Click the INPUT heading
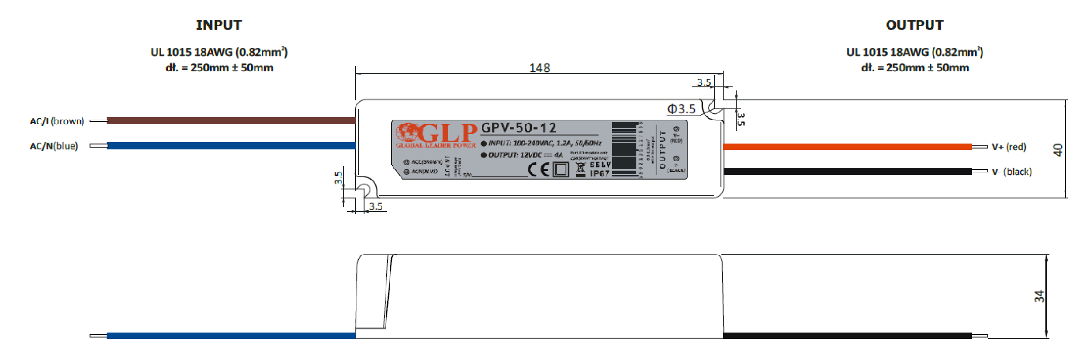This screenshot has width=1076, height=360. point(219,25)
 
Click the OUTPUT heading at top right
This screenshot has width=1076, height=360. point(914,25)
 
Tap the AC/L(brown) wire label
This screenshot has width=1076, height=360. point(57,121)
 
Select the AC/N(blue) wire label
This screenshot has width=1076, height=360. point(54,146)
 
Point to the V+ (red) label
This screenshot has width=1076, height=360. point(1009,147)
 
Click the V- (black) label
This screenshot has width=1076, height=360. point(1012,172)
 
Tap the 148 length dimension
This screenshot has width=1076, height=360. point(540,68)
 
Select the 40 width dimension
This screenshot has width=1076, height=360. point(1058,149)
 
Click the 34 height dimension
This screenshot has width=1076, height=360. point(1039,296)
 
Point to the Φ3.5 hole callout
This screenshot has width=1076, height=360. point(681,109)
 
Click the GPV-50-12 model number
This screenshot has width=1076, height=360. point(518,128)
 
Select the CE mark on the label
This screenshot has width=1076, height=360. point(539,170)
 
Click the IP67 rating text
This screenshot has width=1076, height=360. point(600,174)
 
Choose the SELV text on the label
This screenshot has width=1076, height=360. point(600,165)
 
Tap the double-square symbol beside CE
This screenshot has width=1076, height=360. point(560,170)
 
